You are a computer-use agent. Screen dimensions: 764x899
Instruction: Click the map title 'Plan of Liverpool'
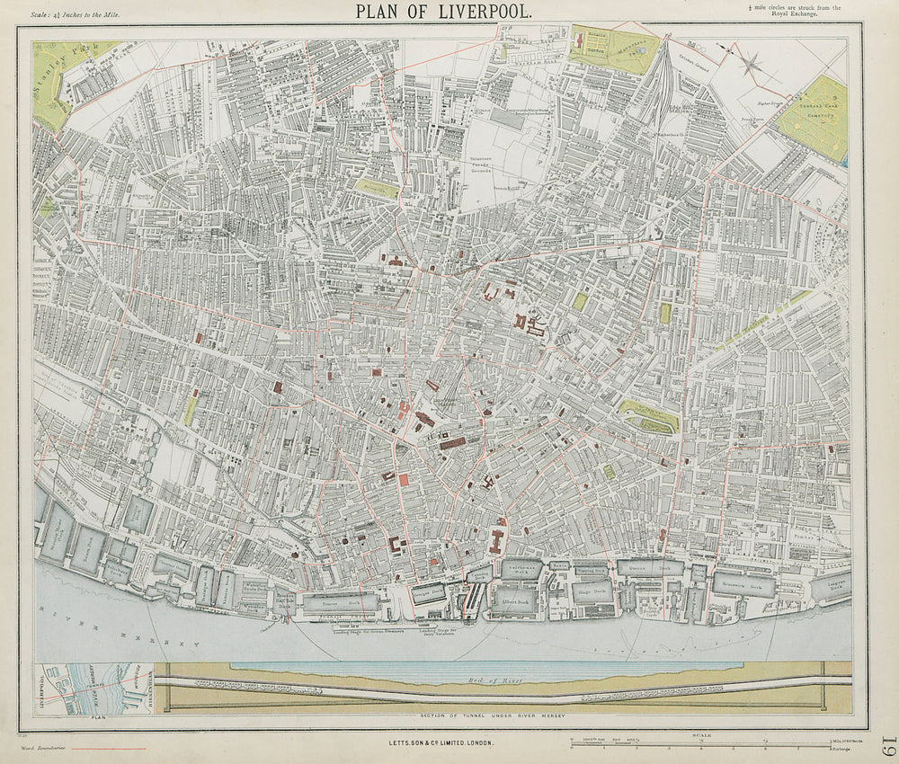(x=443, y=12)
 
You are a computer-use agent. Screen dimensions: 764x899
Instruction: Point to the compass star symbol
(x=753, y=62)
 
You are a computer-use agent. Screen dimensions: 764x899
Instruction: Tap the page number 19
(x=886, y=747)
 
